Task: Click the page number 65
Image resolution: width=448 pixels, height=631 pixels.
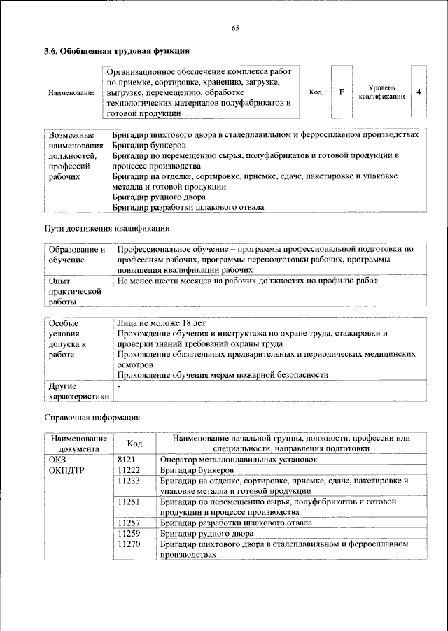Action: [x=235, y=27]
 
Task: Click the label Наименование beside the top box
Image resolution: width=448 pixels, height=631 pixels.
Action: [x=72, y=93]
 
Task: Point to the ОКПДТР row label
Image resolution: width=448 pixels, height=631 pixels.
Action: [x=66, y=470]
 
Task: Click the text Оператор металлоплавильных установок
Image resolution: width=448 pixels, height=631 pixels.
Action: [x=239, y=460]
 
